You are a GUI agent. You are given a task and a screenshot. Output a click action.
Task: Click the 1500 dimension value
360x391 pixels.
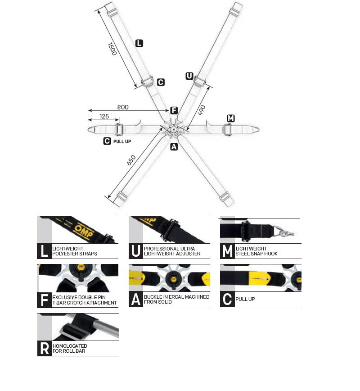pos(112,49)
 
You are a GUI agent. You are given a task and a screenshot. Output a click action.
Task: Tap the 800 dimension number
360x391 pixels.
pos(123,107)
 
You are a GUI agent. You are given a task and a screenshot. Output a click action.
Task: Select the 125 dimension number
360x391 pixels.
pos(104,117)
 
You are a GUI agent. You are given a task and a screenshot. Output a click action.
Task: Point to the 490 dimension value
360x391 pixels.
pos(202,110)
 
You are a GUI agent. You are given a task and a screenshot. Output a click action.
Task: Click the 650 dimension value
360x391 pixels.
pos(131,160)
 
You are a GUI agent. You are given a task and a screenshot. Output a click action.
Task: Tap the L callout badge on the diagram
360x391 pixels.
pos(139,43)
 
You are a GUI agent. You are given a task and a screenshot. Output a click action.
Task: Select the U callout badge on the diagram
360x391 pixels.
pos(189,76)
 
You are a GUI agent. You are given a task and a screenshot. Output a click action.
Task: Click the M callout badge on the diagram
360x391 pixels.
pos(231,118)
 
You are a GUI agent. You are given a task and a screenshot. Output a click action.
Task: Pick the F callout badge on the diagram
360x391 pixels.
pos(174,110)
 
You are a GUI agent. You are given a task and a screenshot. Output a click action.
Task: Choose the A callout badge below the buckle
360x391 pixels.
pos(174,147)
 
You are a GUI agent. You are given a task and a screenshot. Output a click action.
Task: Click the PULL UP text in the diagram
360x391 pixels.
pos(122,141)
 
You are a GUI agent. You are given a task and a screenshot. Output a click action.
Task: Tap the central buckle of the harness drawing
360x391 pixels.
pos(173,130)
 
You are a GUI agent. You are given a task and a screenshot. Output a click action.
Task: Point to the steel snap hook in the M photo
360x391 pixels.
pos(284,232)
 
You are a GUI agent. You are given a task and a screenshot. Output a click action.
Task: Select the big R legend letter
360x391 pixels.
pos(45,348)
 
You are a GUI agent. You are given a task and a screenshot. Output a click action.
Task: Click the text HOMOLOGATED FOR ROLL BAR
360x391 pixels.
pos(70,348)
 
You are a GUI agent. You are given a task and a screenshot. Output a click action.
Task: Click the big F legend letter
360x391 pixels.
pos(44,300)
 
